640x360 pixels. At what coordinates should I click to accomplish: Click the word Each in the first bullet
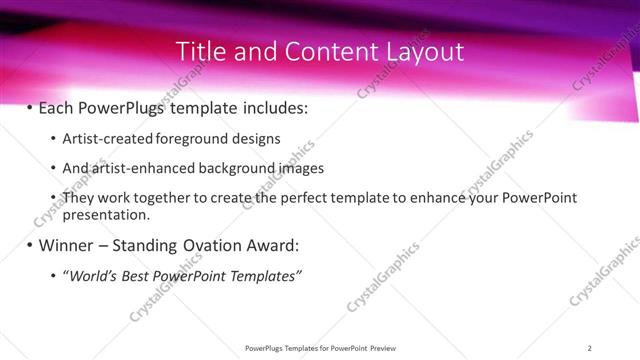coord(56,106)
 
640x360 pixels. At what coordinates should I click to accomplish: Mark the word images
coord(301,168)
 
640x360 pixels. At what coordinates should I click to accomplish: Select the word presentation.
coord(106,214)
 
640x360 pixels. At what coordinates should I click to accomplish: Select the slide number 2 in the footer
coord(590,347)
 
